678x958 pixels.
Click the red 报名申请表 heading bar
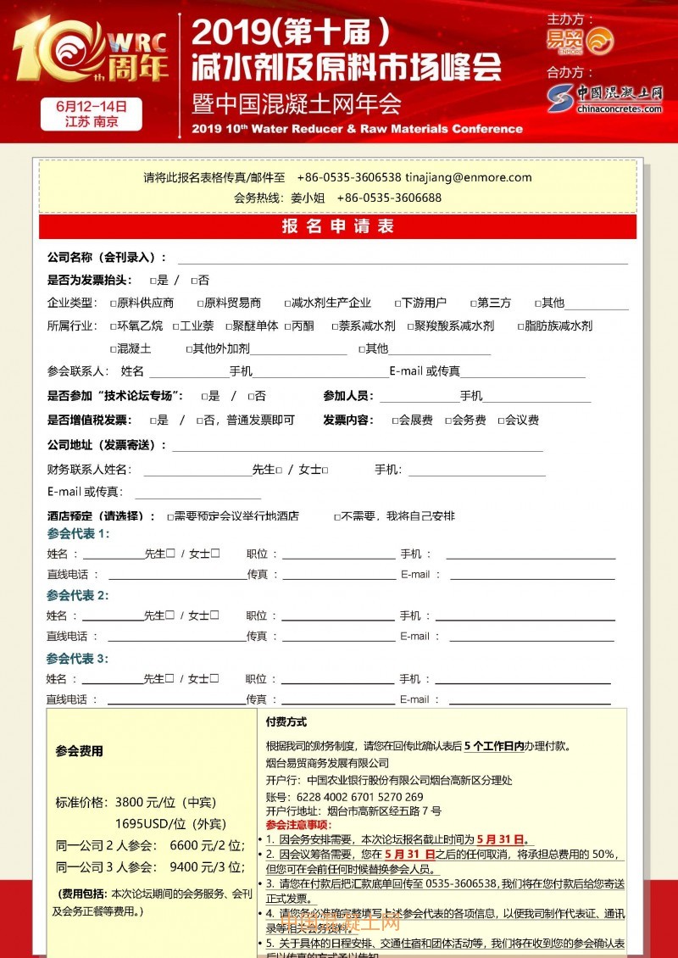[x=338, y=226]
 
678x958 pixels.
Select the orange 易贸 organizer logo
[x=581, y=40]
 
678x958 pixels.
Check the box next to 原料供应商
[x=113, y=303]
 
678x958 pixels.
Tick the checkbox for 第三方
[x=473, y=303]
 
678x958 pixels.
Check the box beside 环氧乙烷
[x=113, y=326]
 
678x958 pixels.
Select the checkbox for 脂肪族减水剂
[x=520, y=326]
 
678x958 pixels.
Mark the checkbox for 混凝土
[x=113, y=348]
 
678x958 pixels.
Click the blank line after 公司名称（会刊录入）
[x=403, y=259]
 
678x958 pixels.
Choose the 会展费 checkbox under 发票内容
[x=395, y=421]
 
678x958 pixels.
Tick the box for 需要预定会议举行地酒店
[x=170, y=516]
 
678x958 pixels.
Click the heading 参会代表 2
[x=78, y=595]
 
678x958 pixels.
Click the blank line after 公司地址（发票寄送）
[x=356, y=446]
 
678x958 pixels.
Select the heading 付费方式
[x=286, y=722]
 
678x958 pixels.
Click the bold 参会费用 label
[x=79, y=750]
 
